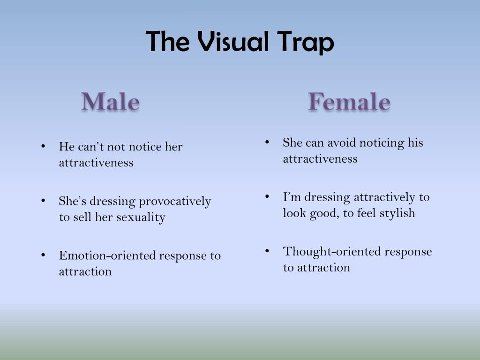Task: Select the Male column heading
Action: (111, 101)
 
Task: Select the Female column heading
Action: (349, 101)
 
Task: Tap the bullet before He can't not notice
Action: (43, 146)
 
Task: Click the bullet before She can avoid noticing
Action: (267, 142)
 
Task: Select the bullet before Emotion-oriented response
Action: (43, 255)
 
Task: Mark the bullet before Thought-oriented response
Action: (267, 251)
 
